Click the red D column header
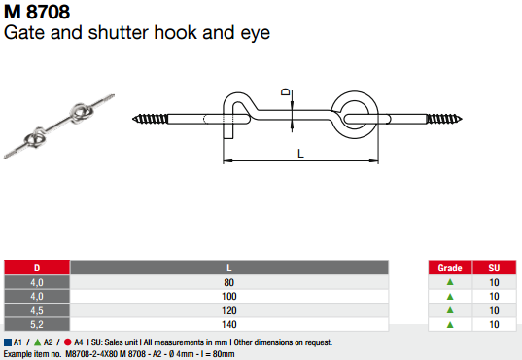(x=37, y=267)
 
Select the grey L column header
(x=229, y=267)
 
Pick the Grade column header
(x=449, y=267)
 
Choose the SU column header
(x=494, y=267)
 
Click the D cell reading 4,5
(x=37, y=309)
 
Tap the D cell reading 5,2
(x=37, y=323)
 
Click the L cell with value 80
(x=229, y=282)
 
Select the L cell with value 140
(x=229, y=323)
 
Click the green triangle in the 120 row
(x=449, y=309)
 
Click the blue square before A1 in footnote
(x=7, y=342)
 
